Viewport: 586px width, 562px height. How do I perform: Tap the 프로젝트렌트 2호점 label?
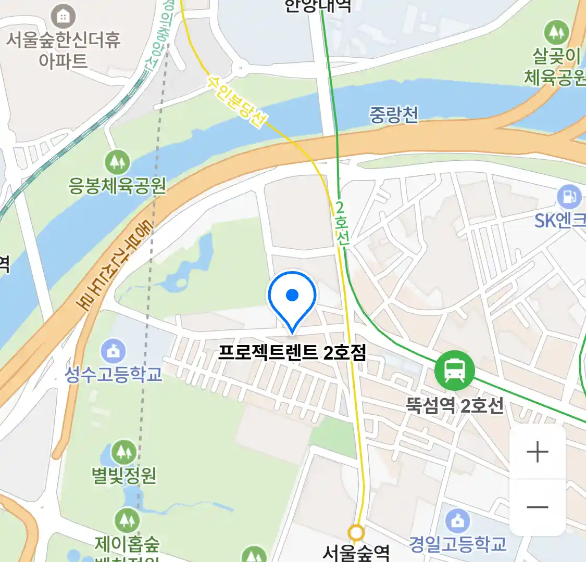(x=292, y=352)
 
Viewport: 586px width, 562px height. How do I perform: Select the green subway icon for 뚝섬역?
(x=454, y=371)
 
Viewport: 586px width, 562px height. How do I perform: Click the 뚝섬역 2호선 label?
(x=455, y=405)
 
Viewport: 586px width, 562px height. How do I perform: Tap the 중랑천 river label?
(x=393, y=114)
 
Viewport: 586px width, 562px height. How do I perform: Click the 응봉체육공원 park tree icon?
(x=117, y=162)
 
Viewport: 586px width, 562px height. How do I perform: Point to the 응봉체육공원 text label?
(x=117, y=185)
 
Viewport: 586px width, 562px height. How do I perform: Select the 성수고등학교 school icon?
(x=113, y=351)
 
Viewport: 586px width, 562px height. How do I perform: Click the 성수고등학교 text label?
(x=113, y=374)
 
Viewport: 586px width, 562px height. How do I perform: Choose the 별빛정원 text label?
(x=124, y=475)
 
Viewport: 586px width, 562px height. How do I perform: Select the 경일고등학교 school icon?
(x=457, y=521)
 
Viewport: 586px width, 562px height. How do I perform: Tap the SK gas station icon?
(x=569, y=197)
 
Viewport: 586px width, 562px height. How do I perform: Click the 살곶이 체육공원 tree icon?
(x=556, y=32)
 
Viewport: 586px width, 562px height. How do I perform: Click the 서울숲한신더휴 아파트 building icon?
(x=63, y=17)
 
